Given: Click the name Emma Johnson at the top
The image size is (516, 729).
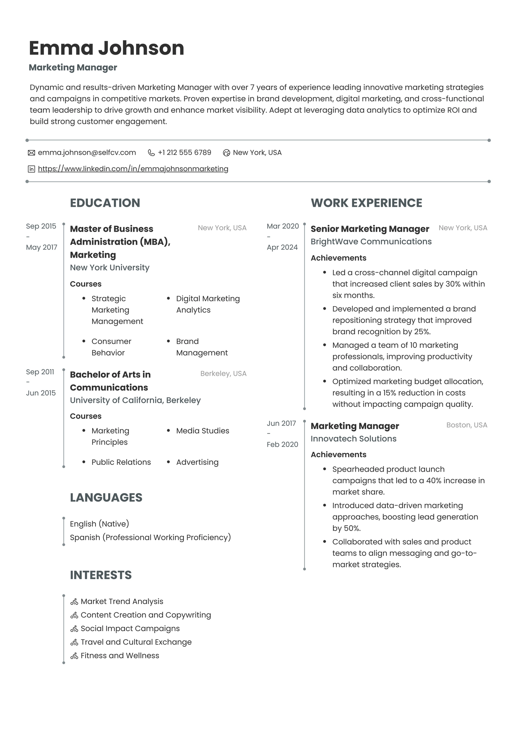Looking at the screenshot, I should tap(106, 48).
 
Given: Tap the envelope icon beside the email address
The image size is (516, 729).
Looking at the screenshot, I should tap(31, 153).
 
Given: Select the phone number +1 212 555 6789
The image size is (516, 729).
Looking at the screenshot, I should tap(184, 153).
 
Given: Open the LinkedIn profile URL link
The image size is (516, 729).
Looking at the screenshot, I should tap(133, 169).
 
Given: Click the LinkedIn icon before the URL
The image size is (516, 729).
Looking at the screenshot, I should tap(31, 169).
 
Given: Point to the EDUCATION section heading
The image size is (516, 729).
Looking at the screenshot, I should tap(105, 203).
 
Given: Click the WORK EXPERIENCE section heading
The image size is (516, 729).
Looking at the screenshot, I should tap(366, 203).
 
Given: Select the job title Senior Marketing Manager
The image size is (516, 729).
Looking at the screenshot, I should tap(370, 229).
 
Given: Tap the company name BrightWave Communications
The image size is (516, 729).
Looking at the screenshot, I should tap(371, 242).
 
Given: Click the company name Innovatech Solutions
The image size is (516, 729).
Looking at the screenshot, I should tap(353, 439).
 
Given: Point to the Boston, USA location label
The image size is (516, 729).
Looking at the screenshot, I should tap(466, 425).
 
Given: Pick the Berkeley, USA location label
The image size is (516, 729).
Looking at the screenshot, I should tap(223, 373).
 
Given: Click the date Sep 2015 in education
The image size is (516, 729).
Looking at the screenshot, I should tap(41, 226).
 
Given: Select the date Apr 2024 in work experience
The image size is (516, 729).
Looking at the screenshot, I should tap(282, 247).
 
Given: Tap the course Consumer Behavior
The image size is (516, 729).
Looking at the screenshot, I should tap(111, 347).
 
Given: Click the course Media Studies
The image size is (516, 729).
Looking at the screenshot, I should tap(202, 431).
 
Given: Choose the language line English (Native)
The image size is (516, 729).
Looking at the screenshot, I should tap(99, 524).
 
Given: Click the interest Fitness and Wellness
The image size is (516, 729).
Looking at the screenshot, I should tap(120, 656).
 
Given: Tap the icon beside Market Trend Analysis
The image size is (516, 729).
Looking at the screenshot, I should tap(74, 602).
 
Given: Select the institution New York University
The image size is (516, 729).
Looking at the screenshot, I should tap(109, 268).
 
